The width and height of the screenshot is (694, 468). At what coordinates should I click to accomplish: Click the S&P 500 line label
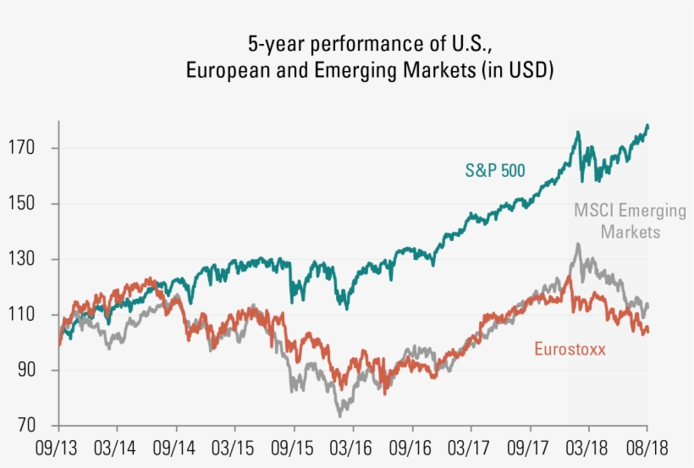(495, 170)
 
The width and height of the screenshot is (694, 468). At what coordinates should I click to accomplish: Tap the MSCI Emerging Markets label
(630, 220)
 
